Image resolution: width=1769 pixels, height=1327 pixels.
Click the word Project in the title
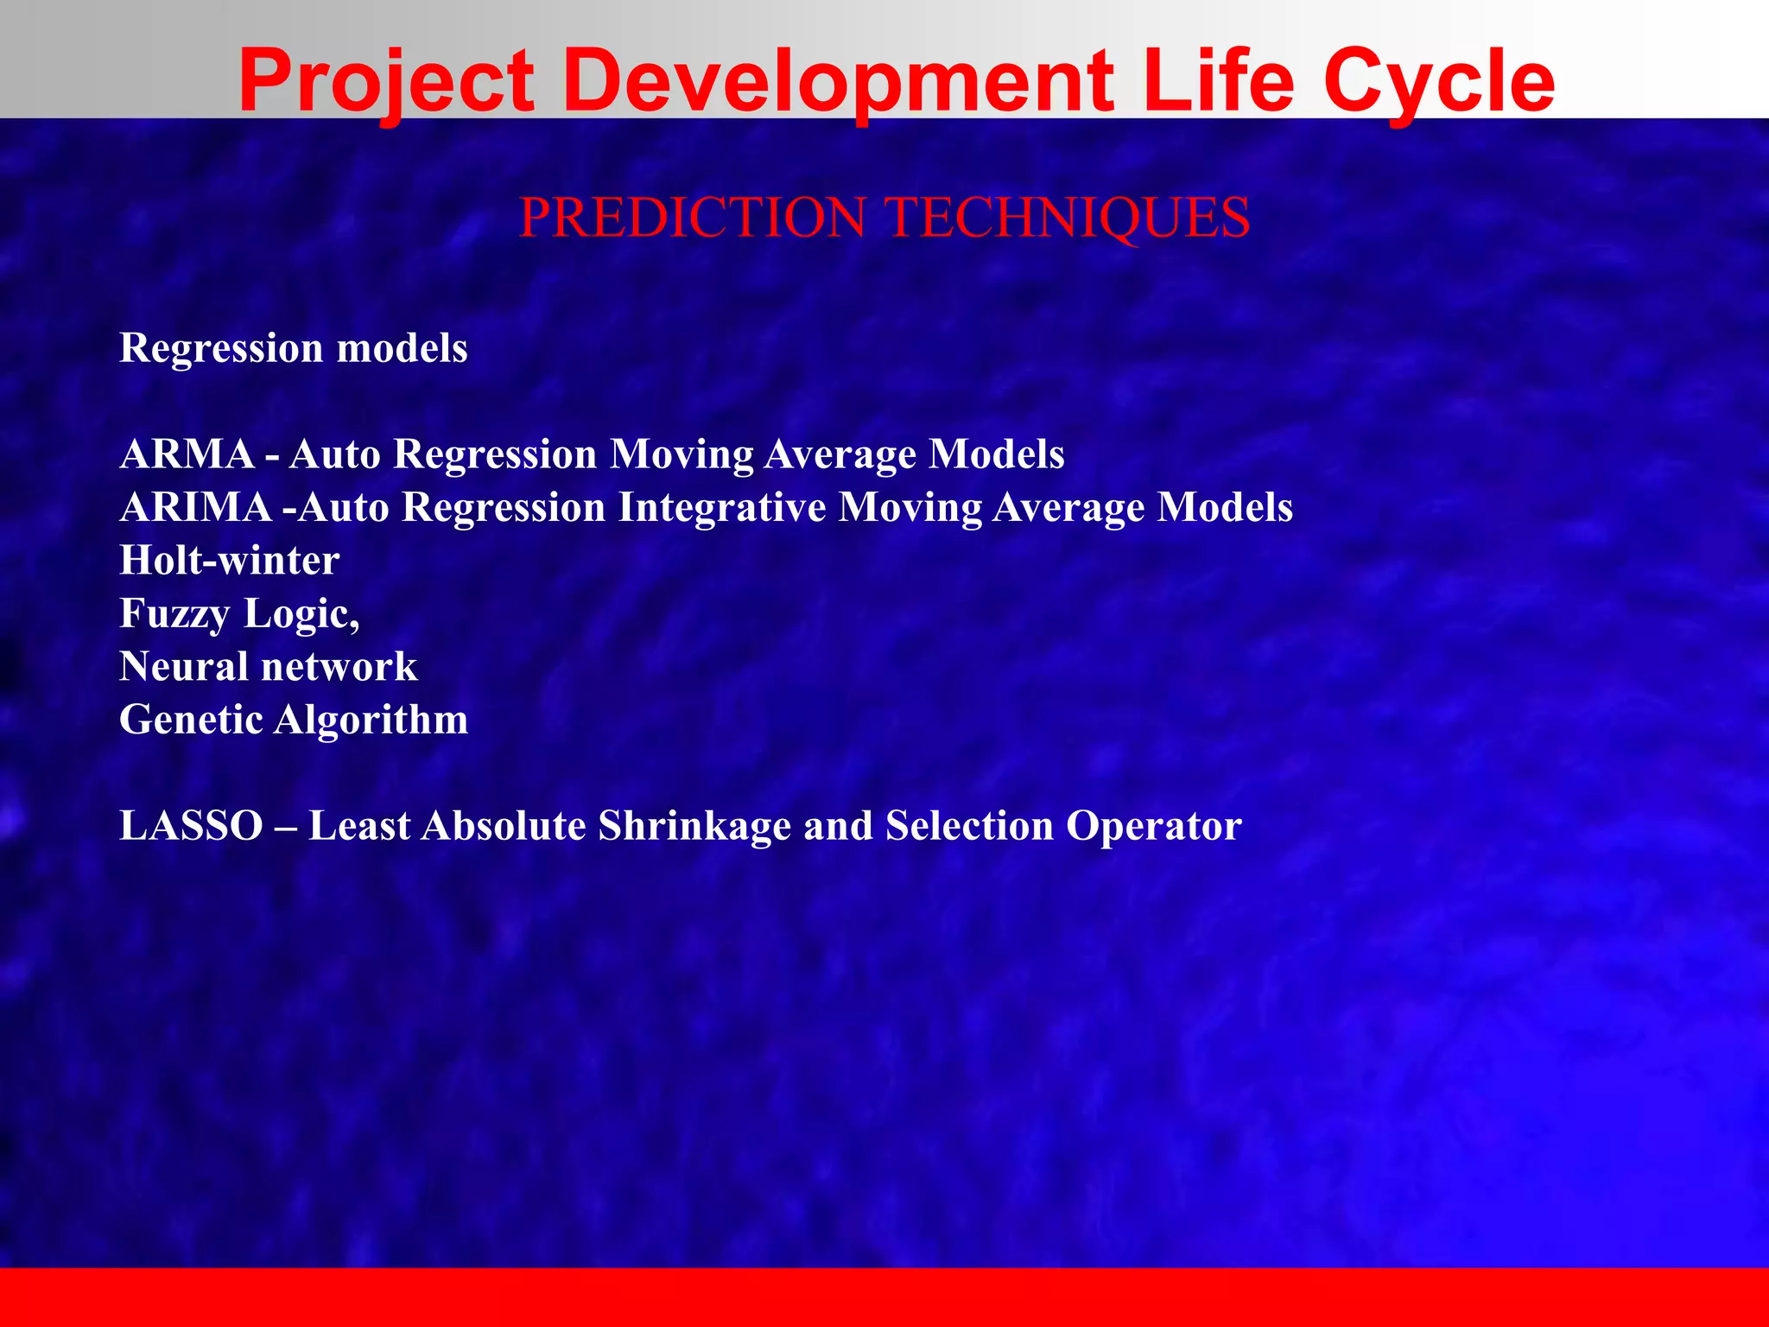point(386,82)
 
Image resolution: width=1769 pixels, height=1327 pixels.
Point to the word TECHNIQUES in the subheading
point(1068,217)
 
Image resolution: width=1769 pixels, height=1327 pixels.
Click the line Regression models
point(294,348)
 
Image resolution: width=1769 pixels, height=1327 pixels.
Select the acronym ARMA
point(187,454)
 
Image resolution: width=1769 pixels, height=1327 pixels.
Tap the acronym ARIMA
point(196,507)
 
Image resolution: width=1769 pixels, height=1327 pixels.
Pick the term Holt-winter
point(229,561)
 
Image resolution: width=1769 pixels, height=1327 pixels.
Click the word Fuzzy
point(174,614)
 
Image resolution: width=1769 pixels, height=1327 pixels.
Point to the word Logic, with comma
point(301,614)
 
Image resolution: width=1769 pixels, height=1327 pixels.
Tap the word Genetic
point(191,720)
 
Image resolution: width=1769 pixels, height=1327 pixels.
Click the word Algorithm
point(371,720)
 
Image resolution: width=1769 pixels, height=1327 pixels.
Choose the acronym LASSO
point(191,826)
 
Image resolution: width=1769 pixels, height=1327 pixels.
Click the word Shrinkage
point(694,826)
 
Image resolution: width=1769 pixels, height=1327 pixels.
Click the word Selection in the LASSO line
point(969,826)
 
